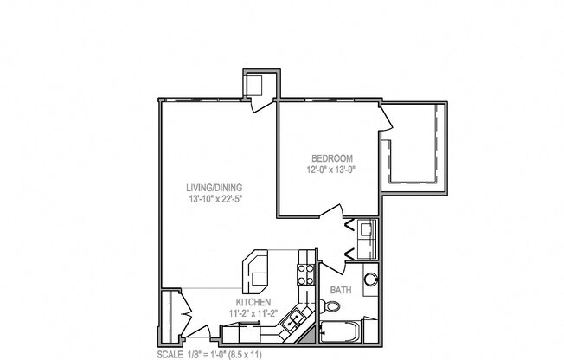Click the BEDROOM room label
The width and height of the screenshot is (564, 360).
[331, 158]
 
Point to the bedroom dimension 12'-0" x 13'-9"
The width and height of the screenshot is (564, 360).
[332, 170]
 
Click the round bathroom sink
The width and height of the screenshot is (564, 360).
[371, 280]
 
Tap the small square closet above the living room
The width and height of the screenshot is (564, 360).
[258, 85]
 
